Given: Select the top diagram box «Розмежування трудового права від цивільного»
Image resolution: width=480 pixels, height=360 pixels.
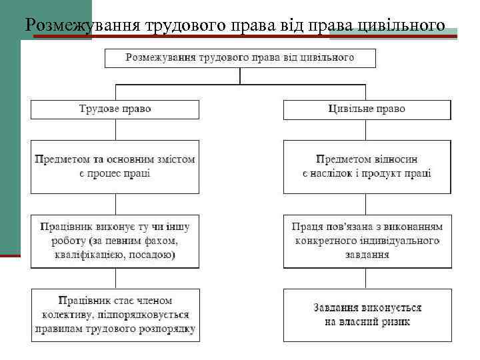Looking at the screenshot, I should (x=240, y=58).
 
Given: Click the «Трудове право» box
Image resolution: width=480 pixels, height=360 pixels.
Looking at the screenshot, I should (x=115, y=109).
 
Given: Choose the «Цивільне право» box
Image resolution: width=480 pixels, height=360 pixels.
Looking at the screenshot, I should (x=367, y=109).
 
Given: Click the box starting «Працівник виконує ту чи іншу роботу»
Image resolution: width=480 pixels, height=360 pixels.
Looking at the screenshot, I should (x=115, y=241).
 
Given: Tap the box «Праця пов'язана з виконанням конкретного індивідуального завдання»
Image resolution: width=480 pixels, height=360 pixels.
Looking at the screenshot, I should (x=367, y=241).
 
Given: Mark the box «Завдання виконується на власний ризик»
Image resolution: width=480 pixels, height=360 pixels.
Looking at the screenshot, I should (x=367, y=315).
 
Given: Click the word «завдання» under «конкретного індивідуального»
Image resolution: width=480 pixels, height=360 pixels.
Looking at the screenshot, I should (x=367, y=255).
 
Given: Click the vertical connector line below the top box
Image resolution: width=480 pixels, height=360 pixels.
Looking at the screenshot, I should (x=240, y=76).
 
